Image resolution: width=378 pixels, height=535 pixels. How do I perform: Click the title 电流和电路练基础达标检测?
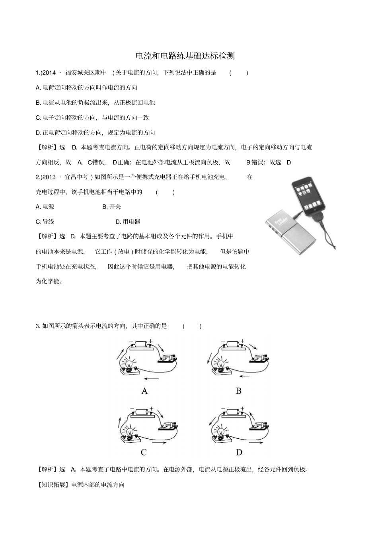click(185, 56)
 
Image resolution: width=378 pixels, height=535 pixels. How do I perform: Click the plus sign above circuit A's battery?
click(150, 341)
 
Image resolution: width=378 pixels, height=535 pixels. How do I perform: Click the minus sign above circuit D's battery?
click(223, 409)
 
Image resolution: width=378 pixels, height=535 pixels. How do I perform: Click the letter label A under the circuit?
click(144, 391)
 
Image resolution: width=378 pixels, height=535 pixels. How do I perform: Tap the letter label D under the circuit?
click(239, 452)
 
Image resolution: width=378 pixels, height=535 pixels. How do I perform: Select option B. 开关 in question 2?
click(112, 207)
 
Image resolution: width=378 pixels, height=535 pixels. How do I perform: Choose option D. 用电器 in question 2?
click(128, 222)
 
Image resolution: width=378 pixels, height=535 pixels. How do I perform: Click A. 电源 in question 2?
click(45, 207)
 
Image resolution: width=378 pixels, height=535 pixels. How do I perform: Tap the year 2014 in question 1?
click(49, 73)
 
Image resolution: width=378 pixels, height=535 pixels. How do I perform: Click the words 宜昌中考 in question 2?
click(77, 177)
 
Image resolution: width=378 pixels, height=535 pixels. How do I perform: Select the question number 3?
click(37, 326)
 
